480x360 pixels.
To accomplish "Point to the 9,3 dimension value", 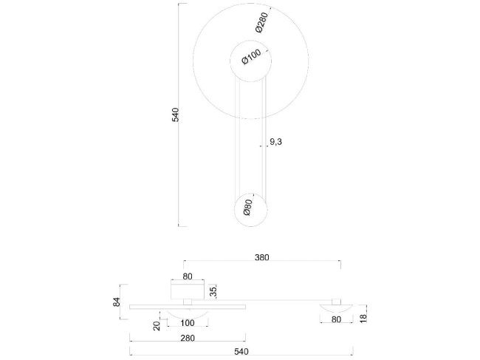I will (x=275, y=141).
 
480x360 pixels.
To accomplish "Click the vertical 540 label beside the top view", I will (x=175, y=115).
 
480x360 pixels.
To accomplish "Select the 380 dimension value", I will (x=261, y=258).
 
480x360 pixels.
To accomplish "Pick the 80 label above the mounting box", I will (x=188, y=276).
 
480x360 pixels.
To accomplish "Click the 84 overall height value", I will (x=117, y=302).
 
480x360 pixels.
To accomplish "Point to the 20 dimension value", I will (x=157, y=325).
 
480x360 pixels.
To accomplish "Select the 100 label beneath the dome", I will (x=188, y=323).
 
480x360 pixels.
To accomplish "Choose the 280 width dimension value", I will (x=188, y=338).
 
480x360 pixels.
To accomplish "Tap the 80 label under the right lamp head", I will (x=336, y=319).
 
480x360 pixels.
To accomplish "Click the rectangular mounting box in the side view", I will (x=188, y=290).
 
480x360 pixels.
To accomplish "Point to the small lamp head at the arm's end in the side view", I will (x=336, y=307).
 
